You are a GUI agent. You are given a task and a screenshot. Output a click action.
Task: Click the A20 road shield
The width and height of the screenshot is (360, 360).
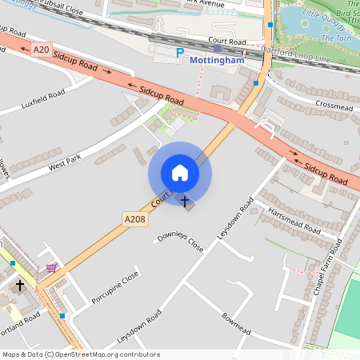(42, 50)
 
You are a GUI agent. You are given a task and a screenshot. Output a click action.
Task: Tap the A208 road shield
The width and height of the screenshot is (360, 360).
(134, 218)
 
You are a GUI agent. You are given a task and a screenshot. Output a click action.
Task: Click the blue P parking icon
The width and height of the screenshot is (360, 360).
(180, 53)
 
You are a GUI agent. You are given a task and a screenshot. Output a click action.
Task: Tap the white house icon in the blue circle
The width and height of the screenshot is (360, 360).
(180, 173)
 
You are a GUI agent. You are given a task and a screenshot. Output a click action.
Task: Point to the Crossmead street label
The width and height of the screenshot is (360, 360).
(334, 105)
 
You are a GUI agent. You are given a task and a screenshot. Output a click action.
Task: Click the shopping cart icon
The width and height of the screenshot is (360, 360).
(52, 268)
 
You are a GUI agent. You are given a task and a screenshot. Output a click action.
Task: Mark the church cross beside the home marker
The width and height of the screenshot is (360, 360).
(186, 201)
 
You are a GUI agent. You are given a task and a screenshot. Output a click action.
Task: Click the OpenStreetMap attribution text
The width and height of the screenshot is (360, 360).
(81, 354)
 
